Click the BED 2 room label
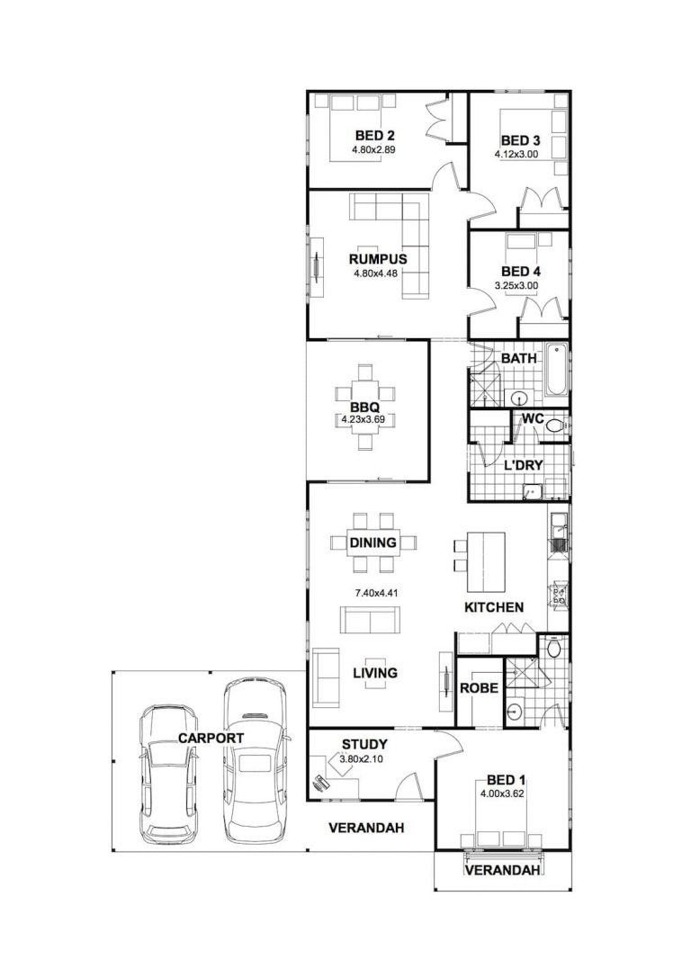[x=374, y=135]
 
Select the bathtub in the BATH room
[x=557, y=370]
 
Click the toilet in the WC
[x=555, y=426]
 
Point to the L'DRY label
[x=524, y=465]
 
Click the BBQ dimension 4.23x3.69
[x=363, y=419]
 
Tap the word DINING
[x=372, y=542]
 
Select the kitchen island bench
[x=487, y=561]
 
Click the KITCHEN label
[x=494, y=607]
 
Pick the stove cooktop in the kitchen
[x=558, y=594]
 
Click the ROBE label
[x=480, y=688]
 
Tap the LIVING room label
[x=375, y=673]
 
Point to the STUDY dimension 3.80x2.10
[x=362, y=759]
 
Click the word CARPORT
[x=211, y=738]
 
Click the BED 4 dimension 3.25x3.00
[x=516, y=285]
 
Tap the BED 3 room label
[x=520, y=140]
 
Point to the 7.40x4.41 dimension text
[x=376, y=593]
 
